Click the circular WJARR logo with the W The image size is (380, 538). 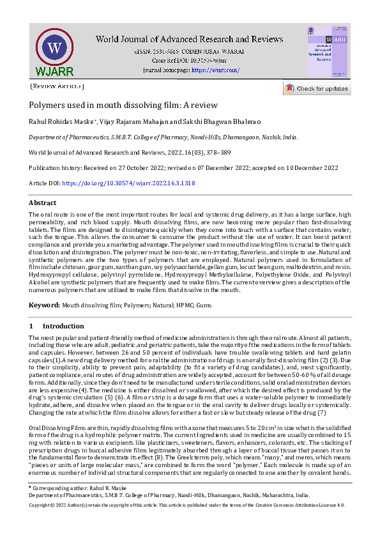tap(55, 49)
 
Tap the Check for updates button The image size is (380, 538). tap(317, 89)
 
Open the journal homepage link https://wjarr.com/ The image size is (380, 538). tap(215, 70)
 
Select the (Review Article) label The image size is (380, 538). tap(57, 86)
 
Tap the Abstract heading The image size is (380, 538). tap(43, 203)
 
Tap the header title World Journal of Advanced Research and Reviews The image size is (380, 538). tap(192, 39)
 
